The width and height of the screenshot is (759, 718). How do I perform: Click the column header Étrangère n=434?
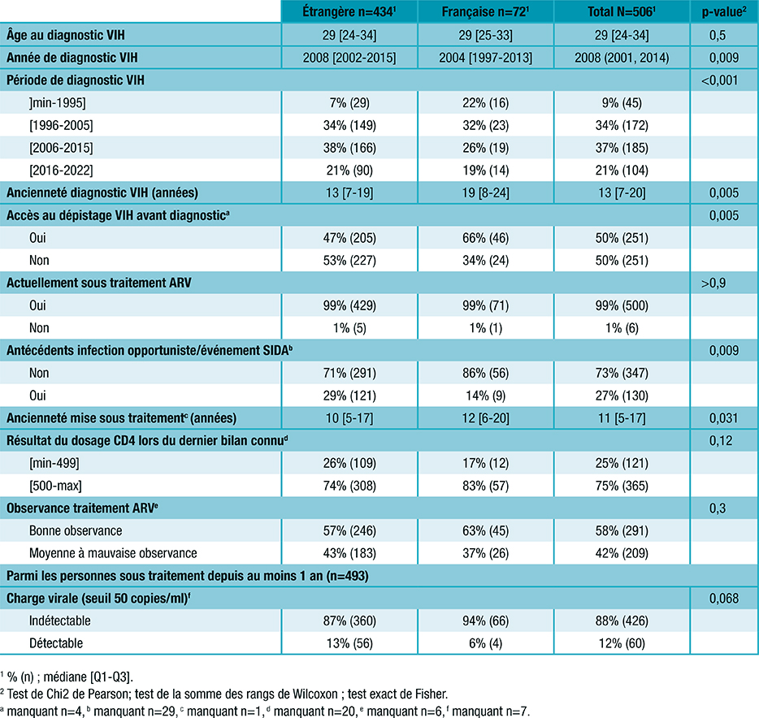[349, 12]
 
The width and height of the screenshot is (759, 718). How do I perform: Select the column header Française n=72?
[485, 12]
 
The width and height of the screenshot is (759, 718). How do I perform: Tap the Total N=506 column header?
[622, 12]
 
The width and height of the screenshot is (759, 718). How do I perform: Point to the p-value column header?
[723, 12]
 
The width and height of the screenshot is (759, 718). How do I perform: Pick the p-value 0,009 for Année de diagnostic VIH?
[723, 57]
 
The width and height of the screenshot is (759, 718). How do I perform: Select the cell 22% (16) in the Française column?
[485, 102]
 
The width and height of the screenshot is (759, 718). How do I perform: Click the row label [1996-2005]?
[60, 125]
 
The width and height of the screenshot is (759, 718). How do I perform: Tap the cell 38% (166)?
[349, 148]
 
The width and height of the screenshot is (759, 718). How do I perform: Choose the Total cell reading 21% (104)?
[622, 171]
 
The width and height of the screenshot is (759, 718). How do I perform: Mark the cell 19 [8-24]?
[485, 193]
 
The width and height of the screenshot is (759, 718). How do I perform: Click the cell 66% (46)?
[485, 238]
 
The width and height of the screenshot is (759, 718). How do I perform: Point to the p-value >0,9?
[723, 283]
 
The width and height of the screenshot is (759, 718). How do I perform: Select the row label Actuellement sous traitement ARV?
[104, 283]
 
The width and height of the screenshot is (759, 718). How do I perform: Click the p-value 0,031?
[723, 419]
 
